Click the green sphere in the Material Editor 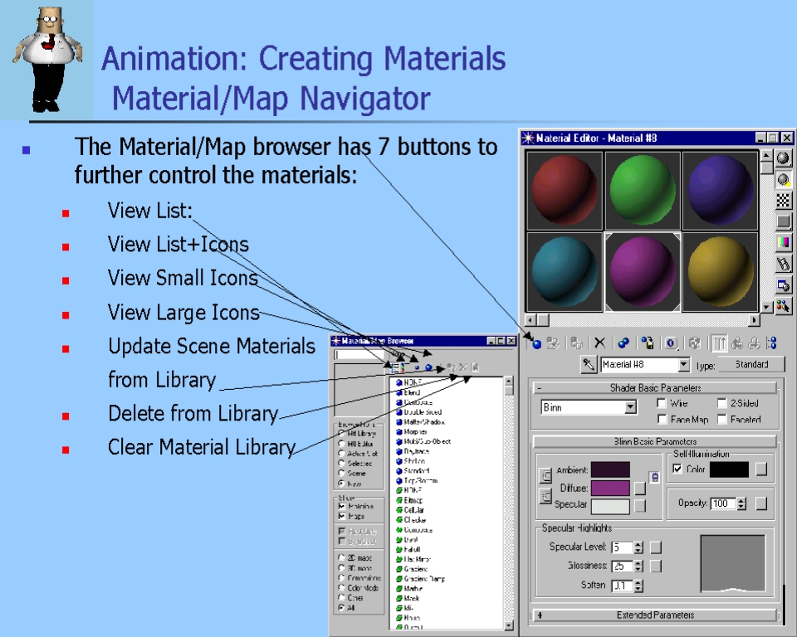click(x=643, y=188)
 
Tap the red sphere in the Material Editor click(x=565, y=188)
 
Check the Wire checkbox click(x=661, y=403)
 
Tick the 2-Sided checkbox click(x=722, y=403)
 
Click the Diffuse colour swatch click(x=610, y=488)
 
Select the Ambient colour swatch click(x=610, y=470)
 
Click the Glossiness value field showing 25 click(x=620, y=566)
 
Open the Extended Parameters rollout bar click(x=655, y=615)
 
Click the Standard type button click(x=751, y=364)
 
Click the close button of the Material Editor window click(x=786, y=138)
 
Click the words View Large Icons click(x=183, y=313)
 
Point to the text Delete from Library click(x=193, y=413)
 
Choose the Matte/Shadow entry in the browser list click(x=423, y=421)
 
